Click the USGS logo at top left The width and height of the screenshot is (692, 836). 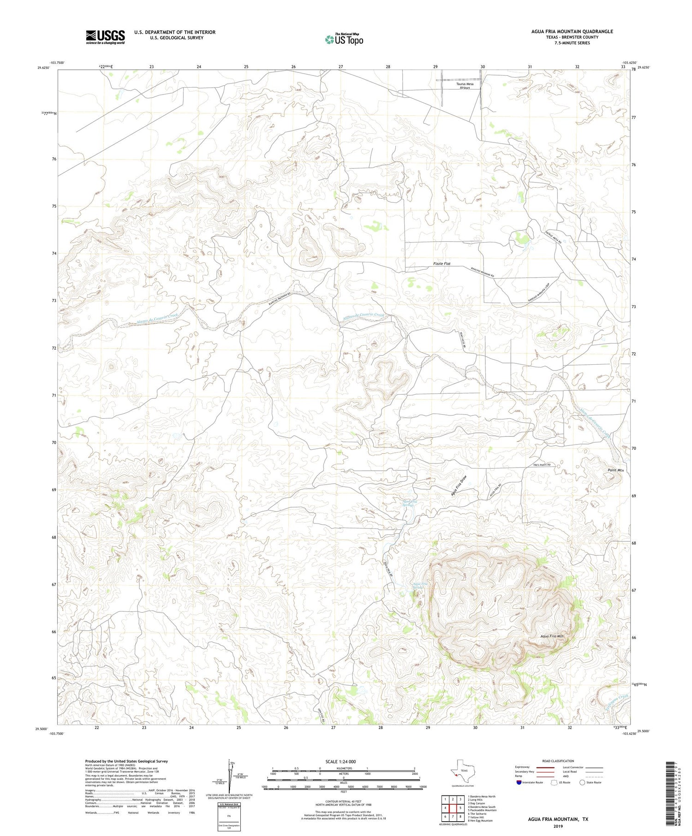point(105,37)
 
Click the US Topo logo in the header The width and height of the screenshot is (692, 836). point(344,39)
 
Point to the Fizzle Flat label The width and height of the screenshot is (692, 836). point(441,264)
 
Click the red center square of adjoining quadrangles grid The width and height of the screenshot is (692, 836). point(453,809)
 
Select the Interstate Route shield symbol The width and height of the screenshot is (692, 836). point(520,783)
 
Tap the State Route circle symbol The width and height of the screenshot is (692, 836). point(582,783)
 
